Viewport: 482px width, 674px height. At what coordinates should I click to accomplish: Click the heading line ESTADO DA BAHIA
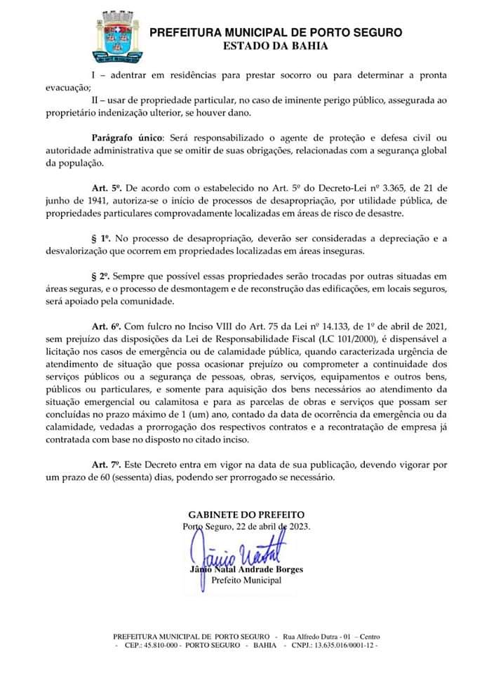(276, 46)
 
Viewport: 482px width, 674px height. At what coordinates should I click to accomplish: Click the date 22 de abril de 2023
(271, 527)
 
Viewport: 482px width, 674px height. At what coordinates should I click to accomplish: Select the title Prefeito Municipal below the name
(246, 580)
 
